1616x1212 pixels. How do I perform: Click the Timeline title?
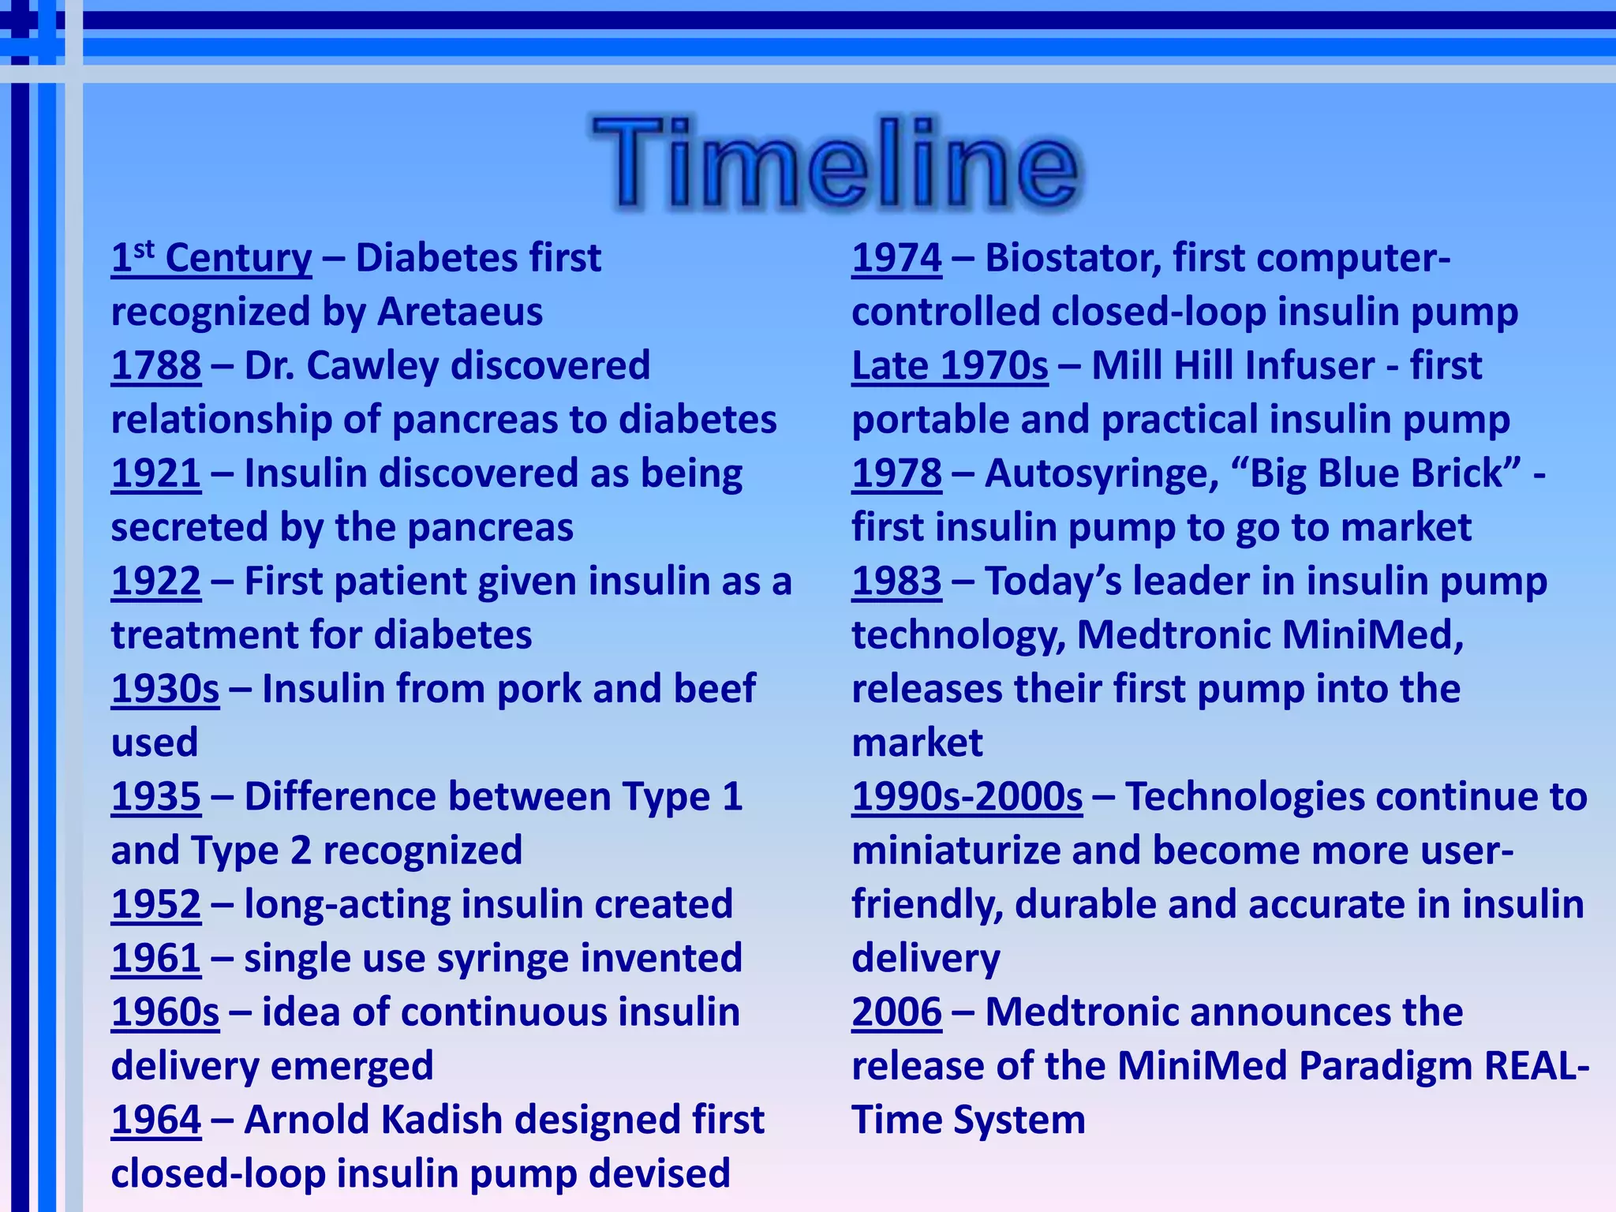[x=836, y=163]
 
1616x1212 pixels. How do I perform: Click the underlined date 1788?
[x=155, y=366]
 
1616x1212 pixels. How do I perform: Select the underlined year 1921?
[x=155, y=474]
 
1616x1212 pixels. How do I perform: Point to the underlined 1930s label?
[x=165, y=690]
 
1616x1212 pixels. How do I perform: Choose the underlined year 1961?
[x=155, y=959]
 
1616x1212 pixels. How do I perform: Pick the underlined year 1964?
[x=155, y=1120]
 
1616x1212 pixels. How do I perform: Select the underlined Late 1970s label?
[x=950, y=366]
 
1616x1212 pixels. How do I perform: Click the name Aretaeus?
[x=460, y=312]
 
